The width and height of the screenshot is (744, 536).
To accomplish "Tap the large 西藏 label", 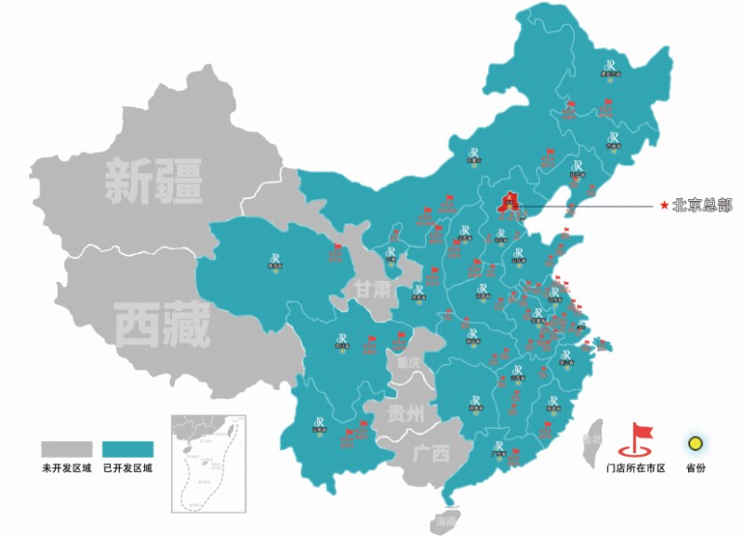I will pyautogui.click(x=163, y=325).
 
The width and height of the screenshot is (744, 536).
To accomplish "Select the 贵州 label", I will pyautogui.click(x=406, y=413).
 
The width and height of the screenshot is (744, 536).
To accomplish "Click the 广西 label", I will pyautogui.click(x=431, y=453).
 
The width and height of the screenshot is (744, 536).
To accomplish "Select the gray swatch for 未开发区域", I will pyautogui.click(x=66, y=449).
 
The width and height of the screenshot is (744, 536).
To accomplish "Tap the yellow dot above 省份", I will pyautogui.click(x=695, y=442).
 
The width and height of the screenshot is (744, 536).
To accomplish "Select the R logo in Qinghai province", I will pyautogui.click(x=275, y=260).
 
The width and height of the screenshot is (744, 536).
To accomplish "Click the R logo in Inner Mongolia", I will pyautogui.click(x=476, y=153).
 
